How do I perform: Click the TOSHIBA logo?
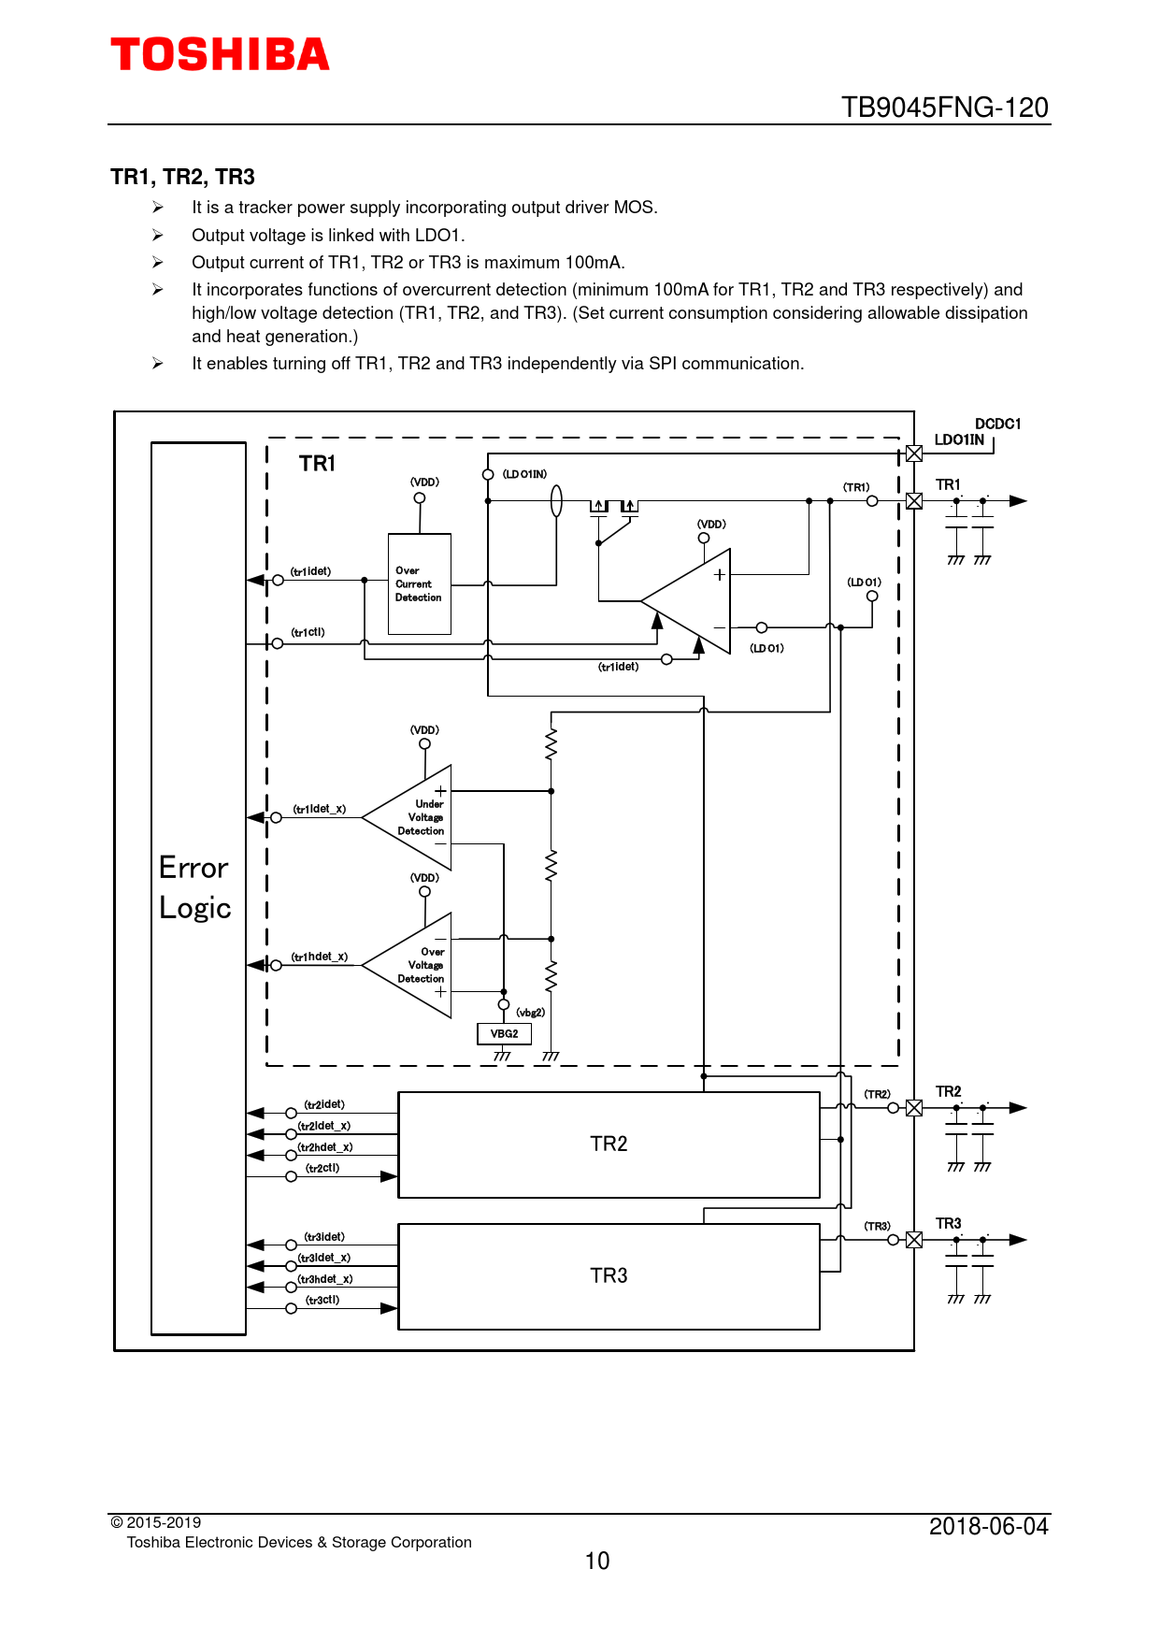coord(220,55)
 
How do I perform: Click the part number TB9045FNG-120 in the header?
coord(944,108)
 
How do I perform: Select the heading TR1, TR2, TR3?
coord(182,177)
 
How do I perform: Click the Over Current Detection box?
coord(420,584)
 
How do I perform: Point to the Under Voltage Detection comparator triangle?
coord(412,817)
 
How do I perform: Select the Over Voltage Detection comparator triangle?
coord(412,965)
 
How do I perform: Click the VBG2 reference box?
coord(504,1033)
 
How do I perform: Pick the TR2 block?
coord(609,1144)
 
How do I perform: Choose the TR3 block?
coord(609,1276)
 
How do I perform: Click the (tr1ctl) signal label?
coord(308,633)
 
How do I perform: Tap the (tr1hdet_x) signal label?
coord(319,957)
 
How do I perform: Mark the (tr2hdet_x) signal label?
coord(325,1147)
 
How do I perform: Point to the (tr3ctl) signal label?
coord(322,1300)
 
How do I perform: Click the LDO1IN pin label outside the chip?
coord(959,439)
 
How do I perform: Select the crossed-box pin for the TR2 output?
coord(914,1108)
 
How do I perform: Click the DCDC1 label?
coord(997,424)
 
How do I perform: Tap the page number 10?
coord(597,1561)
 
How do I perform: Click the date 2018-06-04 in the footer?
coord(988,1527)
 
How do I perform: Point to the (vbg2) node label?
coord(530,1013)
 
